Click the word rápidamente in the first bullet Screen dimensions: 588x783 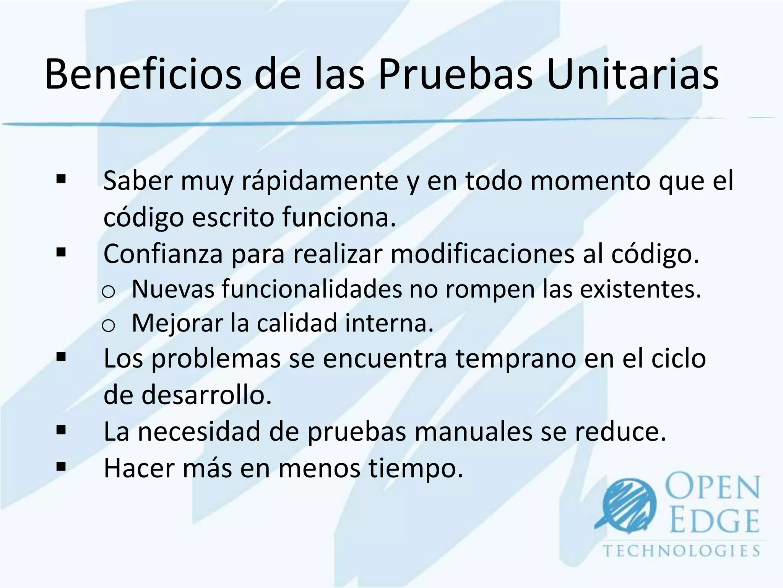(x=320, y=181)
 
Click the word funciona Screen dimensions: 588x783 (x=339, y=217)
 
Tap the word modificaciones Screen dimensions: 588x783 (x=482, y=253)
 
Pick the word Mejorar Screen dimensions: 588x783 (x=177, y=323)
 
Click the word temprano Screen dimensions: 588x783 (x=516, y=359)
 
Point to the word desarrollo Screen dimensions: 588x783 (x=206, y=395)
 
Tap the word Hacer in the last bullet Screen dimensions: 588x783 (x=139, y=467)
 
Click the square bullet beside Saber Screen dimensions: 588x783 (x=61, y=179)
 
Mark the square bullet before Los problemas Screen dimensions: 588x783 (x=61, y=357)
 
